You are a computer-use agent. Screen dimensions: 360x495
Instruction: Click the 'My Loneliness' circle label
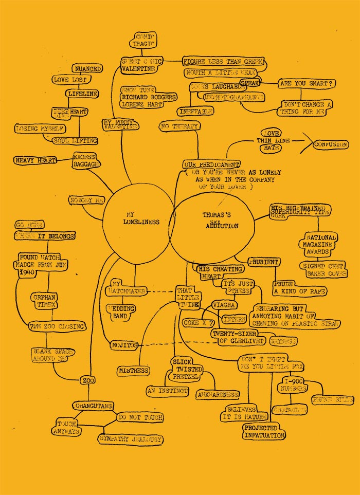[x=136, y=218]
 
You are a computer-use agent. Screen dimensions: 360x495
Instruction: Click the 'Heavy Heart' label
[x=35, y=160]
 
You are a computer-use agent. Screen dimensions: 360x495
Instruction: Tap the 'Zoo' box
[x=86, y=380]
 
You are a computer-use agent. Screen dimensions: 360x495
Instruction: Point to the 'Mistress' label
[x=134, y=371]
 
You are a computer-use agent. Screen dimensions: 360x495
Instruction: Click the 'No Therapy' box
[x=179, y=126]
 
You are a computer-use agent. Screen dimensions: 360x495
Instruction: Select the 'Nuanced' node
[x=87, y=69]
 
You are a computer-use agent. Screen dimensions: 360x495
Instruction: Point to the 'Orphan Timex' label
[x=43, y=301]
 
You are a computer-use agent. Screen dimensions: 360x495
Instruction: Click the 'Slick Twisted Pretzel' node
[x=187, y=370]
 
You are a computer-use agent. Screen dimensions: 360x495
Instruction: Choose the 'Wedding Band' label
[x=121, y=312]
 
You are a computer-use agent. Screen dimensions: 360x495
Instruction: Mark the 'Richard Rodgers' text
[x=149, y=97]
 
